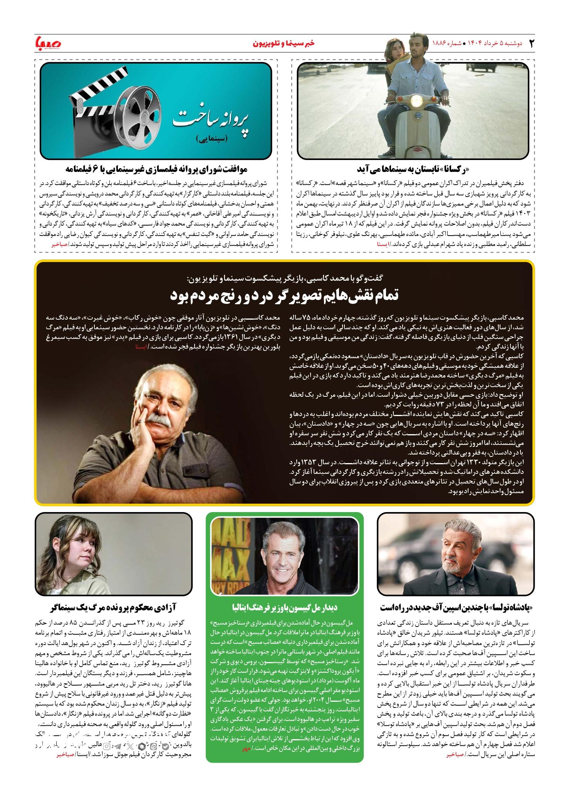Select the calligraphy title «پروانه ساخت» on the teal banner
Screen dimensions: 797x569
click(211, 119)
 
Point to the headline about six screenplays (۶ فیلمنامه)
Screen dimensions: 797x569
click(156, 169)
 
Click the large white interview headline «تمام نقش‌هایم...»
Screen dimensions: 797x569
click(284, 296)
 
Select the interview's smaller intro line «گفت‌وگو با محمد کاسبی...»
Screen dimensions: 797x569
click(284, 278)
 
